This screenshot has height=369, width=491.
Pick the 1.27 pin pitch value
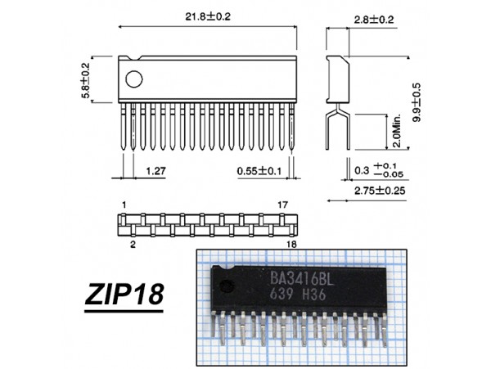click(157, 171)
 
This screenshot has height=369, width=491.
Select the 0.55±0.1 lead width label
click(258, 171)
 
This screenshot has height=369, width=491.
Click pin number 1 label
click(122, 203)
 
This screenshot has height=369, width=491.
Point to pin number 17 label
click(282, 203)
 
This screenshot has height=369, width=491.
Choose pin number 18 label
click(291, 243)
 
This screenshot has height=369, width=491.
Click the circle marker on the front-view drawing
click(134, 79)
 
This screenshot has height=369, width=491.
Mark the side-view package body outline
click(337, 79)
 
